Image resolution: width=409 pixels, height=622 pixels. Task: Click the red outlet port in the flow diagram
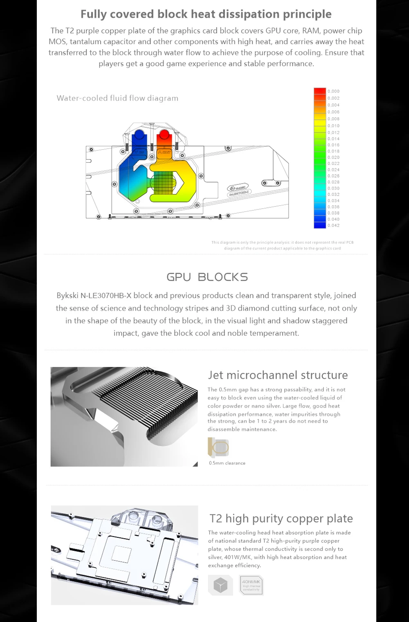[164, 136]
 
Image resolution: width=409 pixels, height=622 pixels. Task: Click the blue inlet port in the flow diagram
[139, 136]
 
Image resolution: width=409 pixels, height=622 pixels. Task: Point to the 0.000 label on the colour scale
[333, 91]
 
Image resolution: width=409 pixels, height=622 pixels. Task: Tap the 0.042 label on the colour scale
[333, 225]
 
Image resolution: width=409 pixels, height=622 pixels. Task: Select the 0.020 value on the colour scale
[333, 157]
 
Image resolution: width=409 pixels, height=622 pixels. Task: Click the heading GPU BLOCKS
[207, 277]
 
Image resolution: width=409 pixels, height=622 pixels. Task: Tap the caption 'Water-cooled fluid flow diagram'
[117, 98]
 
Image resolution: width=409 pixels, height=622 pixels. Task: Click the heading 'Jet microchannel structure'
[278, 375]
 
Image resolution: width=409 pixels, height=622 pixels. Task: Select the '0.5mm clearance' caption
[227, 463]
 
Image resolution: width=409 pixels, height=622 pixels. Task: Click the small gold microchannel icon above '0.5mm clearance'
[218, 447]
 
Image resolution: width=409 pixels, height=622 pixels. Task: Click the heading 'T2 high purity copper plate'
[281, 519]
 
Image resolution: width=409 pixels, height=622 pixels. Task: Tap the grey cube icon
[220, 585]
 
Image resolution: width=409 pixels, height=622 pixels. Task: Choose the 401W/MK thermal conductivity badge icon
[251, 585]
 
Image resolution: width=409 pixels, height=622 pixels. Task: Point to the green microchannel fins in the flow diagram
[162, 183]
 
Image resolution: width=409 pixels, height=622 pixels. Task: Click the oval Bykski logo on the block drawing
[239, 189]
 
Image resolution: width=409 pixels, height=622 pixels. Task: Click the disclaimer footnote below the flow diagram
[282, 245]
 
